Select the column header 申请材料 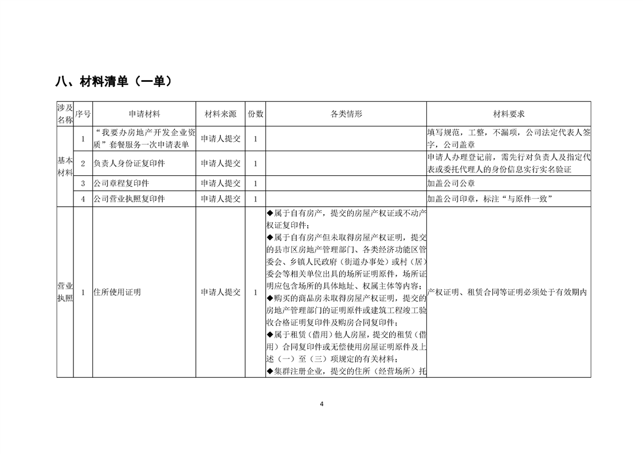point(144,115)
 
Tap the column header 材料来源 point(221,115)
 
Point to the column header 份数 point(256,115)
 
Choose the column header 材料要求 point(509,115)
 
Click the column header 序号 point(83,115)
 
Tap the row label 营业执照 point(65,292)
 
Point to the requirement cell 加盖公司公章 point(451,184)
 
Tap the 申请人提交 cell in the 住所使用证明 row point(221,292)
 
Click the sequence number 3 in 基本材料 point(83,184)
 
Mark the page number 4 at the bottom point(321,404)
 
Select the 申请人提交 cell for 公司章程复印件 point(221,184)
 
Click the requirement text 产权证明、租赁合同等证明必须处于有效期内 point(508,292)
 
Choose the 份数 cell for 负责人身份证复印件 point(256,164)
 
